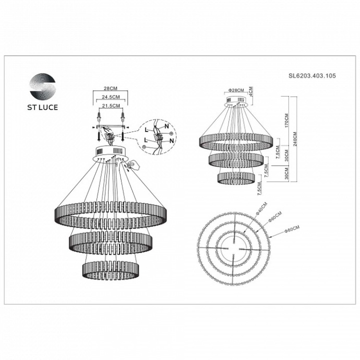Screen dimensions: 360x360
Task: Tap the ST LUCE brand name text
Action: click(43, 108)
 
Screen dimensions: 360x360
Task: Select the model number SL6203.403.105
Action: click(312, 76)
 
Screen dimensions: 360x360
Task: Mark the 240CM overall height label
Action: click(296, 139)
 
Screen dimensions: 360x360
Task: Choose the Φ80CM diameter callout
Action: click(291, 230)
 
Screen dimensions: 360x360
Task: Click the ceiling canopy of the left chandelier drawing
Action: click(112, 153)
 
